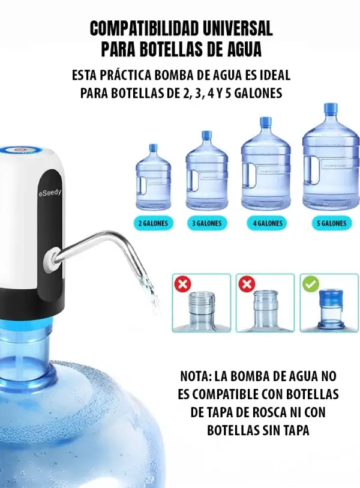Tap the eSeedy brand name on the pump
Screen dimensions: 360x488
[50, 193]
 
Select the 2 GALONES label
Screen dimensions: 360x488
[153, 223]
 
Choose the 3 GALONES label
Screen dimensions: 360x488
[207, 223]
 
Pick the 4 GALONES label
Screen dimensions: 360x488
[268, 223]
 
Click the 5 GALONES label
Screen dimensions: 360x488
[331, 223]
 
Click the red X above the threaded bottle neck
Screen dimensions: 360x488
[183, 284]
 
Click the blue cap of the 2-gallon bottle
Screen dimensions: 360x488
[153, 148]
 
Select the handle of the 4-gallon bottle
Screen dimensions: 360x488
[250, 175]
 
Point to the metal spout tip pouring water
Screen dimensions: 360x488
[145, 276]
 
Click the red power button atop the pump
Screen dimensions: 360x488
[19, 150]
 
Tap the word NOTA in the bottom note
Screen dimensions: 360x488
[196, 376]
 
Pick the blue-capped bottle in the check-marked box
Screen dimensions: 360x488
[331, 310]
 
